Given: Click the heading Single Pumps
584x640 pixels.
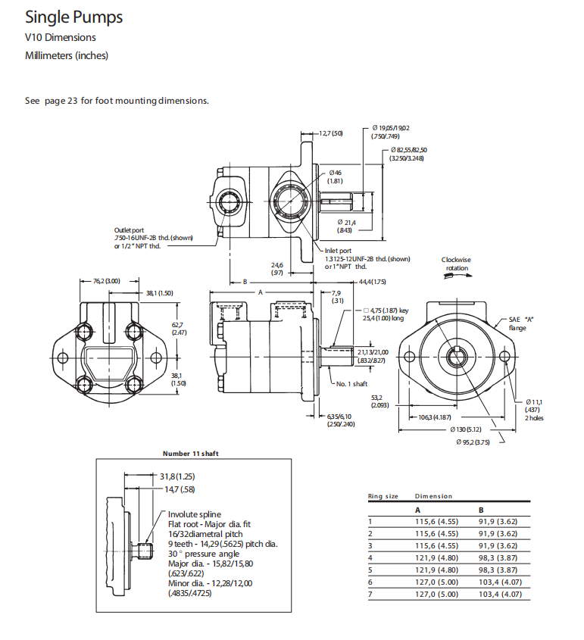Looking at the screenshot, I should tap(73, 17).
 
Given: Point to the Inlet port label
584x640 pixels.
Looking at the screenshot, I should tap(338, 251).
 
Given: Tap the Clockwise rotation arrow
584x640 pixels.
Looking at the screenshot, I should tap(457, 277).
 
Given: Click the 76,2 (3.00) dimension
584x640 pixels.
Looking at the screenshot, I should tap(107, 281).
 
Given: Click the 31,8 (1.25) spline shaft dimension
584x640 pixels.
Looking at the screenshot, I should tap(177, 476).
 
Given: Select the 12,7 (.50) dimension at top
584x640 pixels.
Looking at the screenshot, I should tap(330, 133).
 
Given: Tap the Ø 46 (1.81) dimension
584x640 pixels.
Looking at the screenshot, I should tap(336, 176).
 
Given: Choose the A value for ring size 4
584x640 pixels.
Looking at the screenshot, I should tap(436, 557).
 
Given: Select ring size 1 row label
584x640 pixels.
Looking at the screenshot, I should tap(370, 521).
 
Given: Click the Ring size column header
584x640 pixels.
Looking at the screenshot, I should tap(383, 496).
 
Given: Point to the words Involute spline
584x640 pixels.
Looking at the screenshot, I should tap(195, 514).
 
